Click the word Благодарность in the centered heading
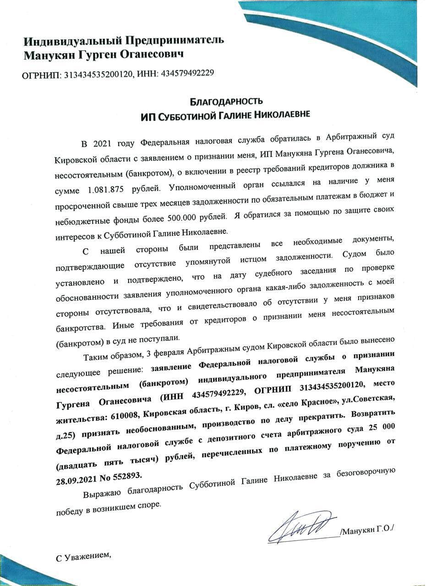(x=226, y=101)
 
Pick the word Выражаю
(x=104, y=494)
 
